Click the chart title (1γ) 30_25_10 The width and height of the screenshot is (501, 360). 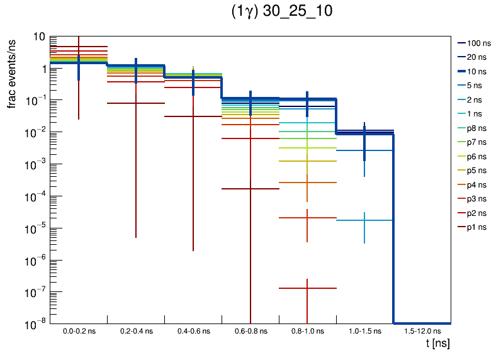(x=282, y=12)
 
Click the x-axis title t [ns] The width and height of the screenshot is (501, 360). (x=437, y=344)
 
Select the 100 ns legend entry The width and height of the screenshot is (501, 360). (x=478, y=43)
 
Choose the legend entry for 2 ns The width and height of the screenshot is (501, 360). (x=474, y=99)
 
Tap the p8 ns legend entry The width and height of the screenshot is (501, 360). (x=476, y=128)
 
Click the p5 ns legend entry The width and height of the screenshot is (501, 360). (x=476, y=171)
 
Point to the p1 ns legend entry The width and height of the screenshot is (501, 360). (x=476, y=227)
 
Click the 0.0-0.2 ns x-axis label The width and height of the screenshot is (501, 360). (x=79, y=330)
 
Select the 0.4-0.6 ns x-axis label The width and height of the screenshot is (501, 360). (x=193, y=330)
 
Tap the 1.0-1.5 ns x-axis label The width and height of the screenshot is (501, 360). (x=364, y=330)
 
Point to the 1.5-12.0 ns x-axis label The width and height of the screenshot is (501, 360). (x=422, y=330)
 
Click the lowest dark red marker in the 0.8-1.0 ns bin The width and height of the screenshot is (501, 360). (x=307, y=288)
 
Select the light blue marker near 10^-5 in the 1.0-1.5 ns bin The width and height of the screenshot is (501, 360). (x=364, y=220)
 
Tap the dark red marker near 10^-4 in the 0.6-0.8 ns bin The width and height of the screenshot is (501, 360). (x=250, y=189)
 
